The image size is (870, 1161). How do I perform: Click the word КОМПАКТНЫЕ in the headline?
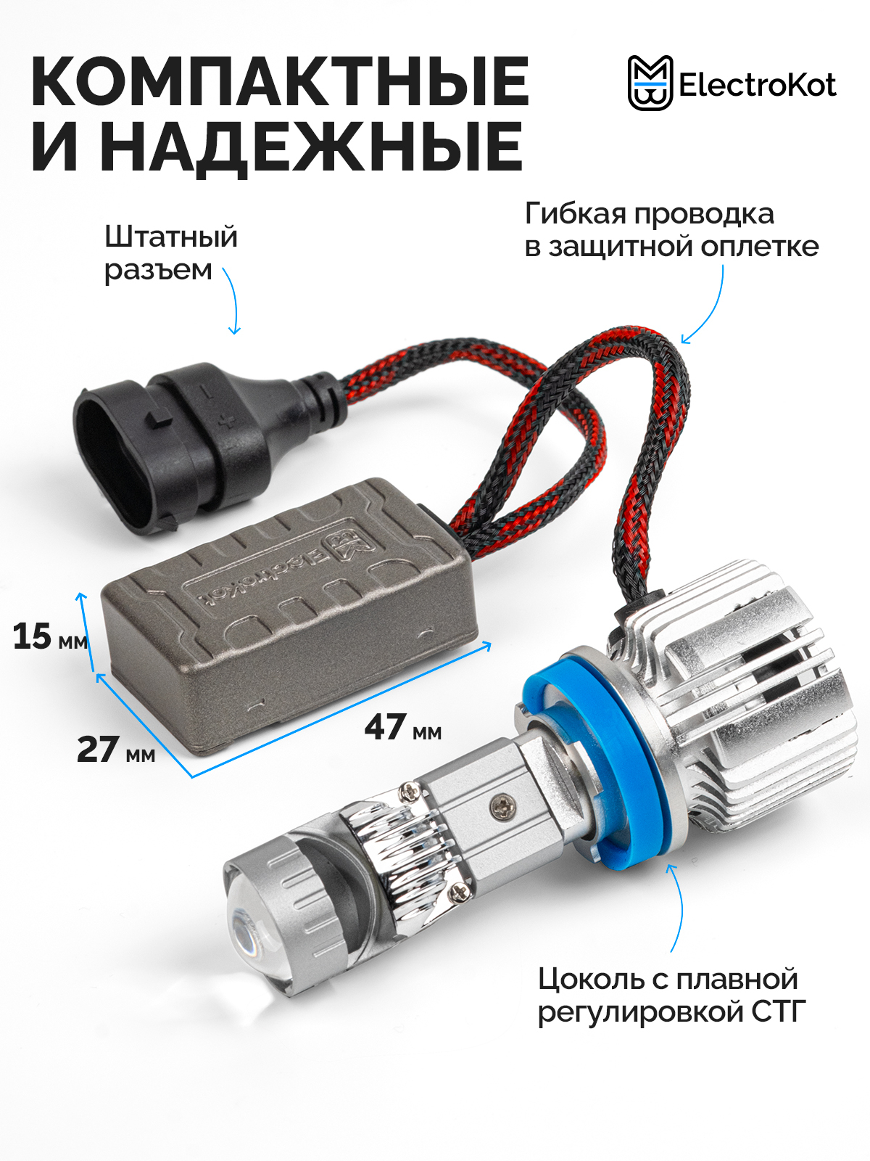(x=280, y=82)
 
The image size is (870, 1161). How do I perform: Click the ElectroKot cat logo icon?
(x=650, y=83)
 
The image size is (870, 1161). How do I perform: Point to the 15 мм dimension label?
(x=50, y=636)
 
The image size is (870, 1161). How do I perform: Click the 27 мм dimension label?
(x=116, y=750)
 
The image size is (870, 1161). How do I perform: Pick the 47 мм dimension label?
(x=403, y=727)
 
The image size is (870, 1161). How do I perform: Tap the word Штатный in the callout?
(x=170, y=237)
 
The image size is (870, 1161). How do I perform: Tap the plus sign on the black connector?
(x=227, y=422)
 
